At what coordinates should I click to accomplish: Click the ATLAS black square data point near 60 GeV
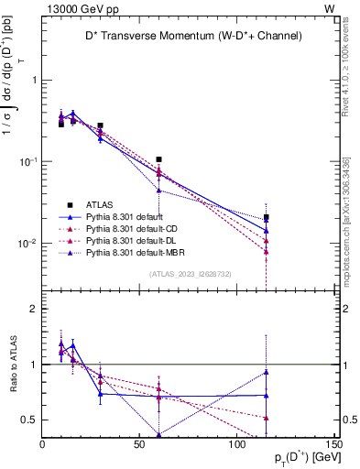click(158, 159)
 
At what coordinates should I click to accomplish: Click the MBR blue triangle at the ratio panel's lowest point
click(158, 434)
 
